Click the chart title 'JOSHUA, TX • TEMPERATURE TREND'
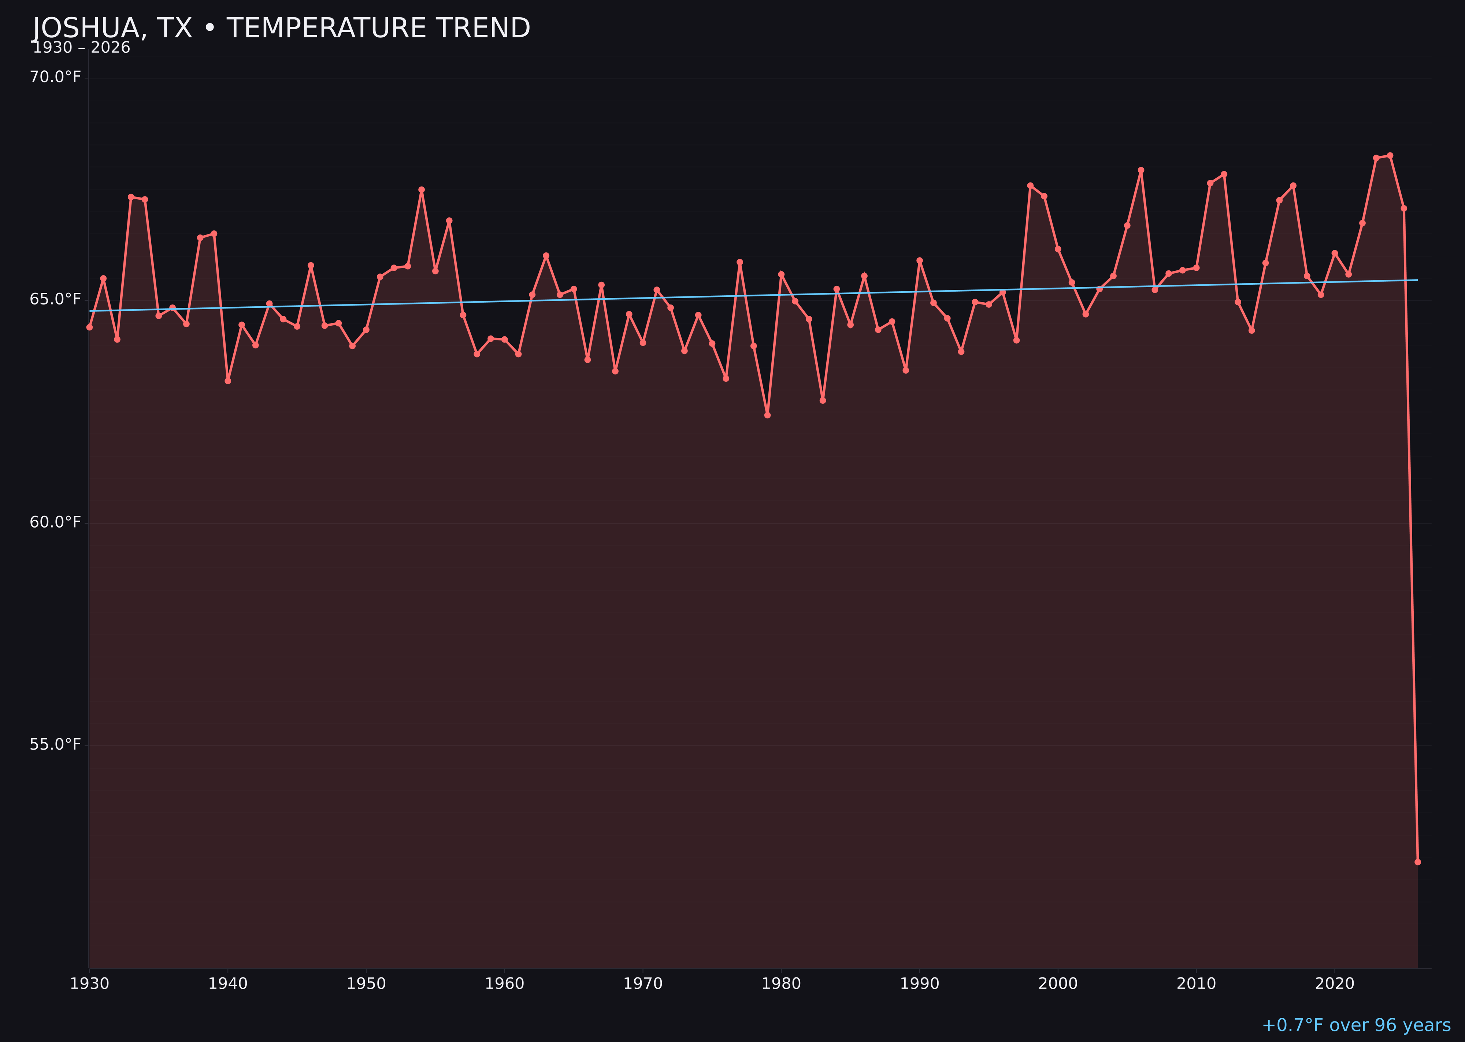coord(281,28)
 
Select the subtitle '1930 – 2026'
coord(81,48)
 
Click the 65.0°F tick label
coord(55,300)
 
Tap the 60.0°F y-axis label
coord(55,522)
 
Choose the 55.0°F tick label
coord(55,744)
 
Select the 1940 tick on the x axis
coord(228,984)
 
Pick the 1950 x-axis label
coord(366,984)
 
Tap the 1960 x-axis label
coord(504,984)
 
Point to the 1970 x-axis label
coord(643,984)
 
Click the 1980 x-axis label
coord(781,984)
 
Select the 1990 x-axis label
coord(919,984)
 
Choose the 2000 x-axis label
coord(1058,984)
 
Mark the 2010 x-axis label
coord(1196,984)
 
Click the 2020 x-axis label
coord(1334,984)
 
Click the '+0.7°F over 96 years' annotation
coord(1356,1025)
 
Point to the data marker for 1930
coord(90,327)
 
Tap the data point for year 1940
coord(228,381)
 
